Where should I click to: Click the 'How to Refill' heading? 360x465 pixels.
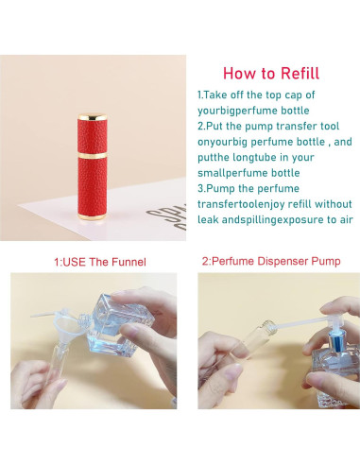(x=271, y=74)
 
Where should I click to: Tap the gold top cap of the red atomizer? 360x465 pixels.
(x=93, y=117)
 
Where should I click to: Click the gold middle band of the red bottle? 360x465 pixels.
(x=93, y=155)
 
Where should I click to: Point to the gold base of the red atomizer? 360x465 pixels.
(x=92, y=216)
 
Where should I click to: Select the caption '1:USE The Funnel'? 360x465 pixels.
(x=100, y=262)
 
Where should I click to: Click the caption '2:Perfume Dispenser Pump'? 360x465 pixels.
(x=271, y=261)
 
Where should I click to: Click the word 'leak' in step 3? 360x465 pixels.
(x=208, y=219)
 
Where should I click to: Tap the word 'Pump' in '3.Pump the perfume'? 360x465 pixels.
(x=221, y=188)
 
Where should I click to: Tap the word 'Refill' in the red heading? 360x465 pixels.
(x=300, y=74)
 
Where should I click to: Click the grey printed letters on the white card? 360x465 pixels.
(x=168, y=217)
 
